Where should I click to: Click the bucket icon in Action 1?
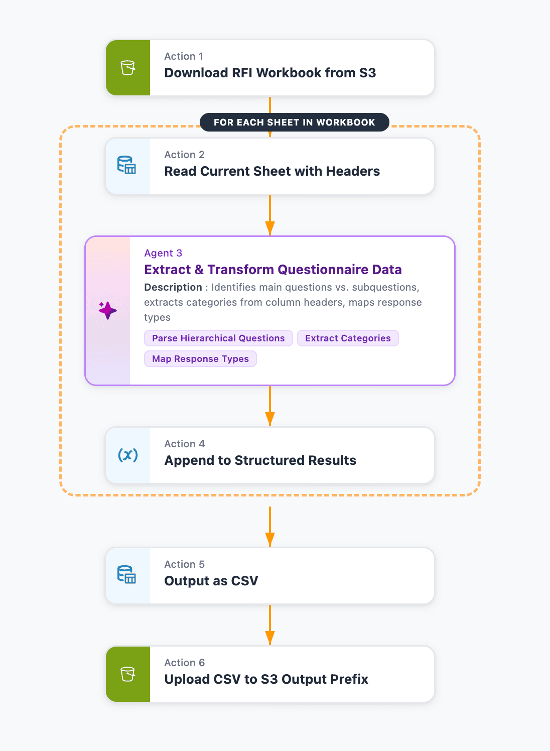(x=127, y=68)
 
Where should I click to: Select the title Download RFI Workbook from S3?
(x=270, y=73)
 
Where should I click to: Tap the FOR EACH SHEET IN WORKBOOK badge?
(x=294, y=122)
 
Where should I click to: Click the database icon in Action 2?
(x=126, y=165)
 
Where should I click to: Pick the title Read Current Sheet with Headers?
(x=272, y=171)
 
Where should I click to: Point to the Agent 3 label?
(x=163, y=253)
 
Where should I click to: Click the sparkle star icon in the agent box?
(x=107, y=310)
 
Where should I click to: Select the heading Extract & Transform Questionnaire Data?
(x=273, y=270)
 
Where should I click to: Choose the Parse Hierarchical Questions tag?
(x=218, y=338)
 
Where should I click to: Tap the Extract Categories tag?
(x=348, y=338)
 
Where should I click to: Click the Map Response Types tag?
(x=200, y=359)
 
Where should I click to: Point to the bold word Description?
(x=173, y=287)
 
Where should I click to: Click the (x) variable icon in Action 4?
(x=127, y=455)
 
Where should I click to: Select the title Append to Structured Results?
(x=260, y=460)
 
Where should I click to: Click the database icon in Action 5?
(x=126, y=575)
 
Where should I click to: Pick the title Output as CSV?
(x=211, y=581)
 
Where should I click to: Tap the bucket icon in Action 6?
(x=127, y=674)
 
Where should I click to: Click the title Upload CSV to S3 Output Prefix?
(x=266, y=679)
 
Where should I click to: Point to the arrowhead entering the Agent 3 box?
(x=270, y=228)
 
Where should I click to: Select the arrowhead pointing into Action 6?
(x=270, y=638)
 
